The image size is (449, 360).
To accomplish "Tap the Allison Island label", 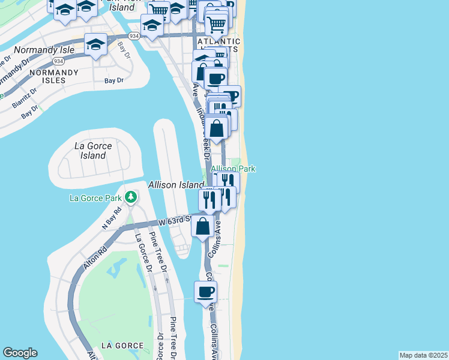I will [176, 185].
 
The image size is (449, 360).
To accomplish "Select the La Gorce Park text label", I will [95, 197].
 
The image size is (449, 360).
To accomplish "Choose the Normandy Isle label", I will [44, 50].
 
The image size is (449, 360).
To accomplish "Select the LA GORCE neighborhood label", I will [122, 346].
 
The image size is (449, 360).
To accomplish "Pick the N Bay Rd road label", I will [112, 217].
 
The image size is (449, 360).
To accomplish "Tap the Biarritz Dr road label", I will [25, 97].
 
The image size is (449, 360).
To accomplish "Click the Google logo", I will [20, 353].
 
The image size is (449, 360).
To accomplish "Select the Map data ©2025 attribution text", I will [424, 355].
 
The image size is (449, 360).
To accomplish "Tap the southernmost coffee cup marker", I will [205, 292].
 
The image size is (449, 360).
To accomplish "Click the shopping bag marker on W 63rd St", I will [203, 226].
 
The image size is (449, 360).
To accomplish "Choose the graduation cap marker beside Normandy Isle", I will [95, 45].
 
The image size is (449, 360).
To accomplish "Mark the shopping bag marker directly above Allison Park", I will [218, 128].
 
